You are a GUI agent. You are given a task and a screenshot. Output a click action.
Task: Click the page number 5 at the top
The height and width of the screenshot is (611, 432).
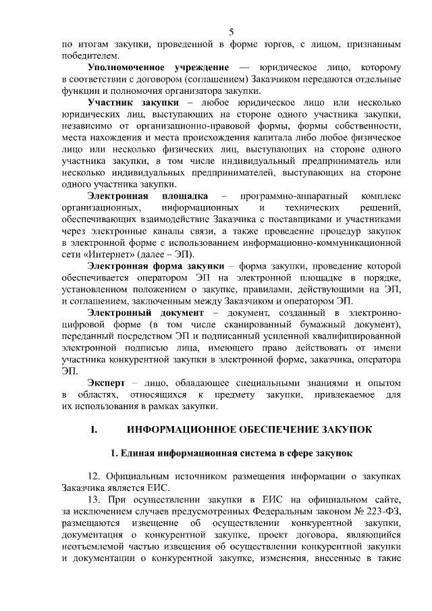pyautogui.click(x=232, y=32)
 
